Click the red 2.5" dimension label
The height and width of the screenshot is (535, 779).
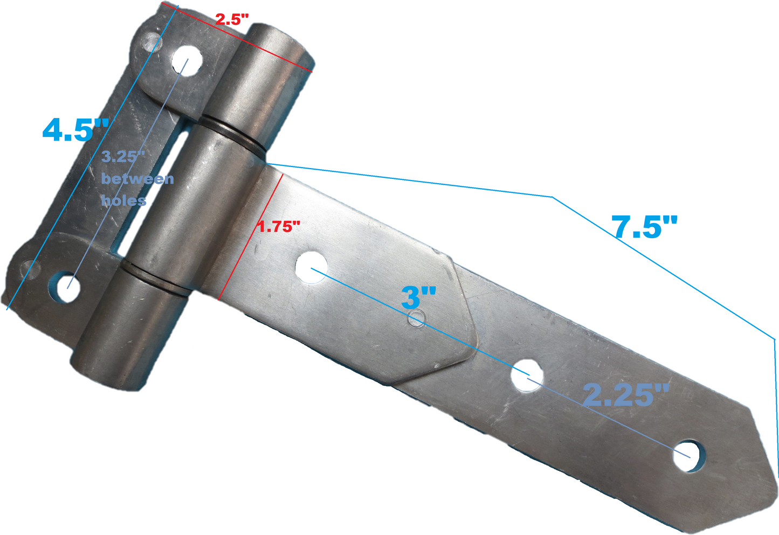(x=232, y=20)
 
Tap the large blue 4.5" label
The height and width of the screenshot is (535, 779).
(x=75, y=130)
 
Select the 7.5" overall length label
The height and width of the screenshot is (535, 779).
(x=644, y=227)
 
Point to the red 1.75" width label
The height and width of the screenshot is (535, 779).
(x=278, y=227)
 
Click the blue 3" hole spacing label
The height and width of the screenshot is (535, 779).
(x=418, y=298)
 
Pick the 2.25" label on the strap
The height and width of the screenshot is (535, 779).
(x=626, y=395)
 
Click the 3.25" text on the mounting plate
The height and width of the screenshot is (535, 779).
(x=123, y=157)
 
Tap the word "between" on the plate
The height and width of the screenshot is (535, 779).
(x=137, y=179)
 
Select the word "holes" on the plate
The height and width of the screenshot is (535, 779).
(x=123, y=200)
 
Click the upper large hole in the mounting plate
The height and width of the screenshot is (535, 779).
(x=187, y=60)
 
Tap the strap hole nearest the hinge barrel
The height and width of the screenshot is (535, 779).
(x=312, y=266)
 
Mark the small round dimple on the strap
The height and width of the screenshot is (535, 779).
(x=415, y=318)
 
